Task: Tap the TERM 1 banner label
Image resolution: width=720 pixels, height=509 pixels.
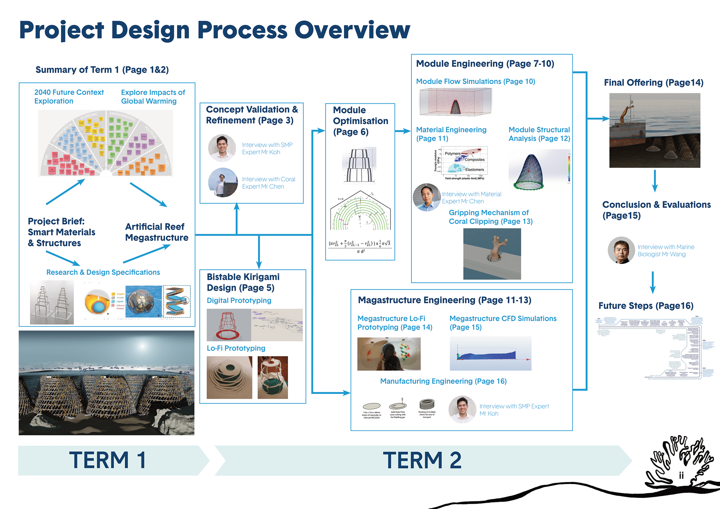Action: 108,460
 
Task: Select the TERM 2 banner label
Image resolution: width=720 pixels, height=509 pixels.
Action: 422,460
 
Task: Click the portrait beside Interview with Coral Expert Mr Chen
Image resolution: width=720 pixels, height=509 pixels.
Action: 223,183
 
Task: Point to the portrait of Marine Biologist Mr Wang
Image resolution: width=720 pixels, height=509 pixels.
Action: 621,250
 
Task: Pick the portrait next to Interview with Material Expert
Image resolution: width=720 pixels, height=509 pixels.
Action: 426,197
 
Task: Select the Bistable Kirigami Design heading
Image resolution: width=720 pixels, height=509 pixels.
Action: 243,282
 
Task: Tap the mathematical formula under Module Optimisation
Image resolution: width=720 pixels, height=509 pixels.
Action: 360,246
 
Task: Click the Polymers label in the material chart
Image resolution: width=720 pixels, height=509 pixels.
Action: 452,154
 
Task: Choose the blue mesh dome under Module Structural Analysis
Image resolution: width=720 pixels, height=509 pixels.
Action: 529,172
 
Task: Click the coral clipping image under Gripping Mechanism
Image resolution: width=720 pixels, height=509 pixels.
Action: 492,254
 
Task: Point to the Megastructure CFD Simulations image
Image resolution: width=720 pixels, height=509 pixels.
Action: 490,353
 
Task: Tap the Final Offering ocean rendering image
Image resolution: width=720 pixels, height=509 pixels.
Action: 654,130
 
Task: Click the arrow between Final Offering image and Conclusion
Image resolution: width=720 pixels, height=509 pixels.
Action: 655,181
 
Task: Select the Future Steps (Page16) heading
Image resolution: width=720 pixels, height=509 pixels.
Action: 646,306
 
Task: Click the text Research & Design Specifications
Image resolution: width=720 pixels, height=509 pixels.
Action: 103,272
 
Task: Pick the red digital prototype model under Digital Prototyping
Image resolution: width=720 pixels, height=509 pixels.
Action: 229,325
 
